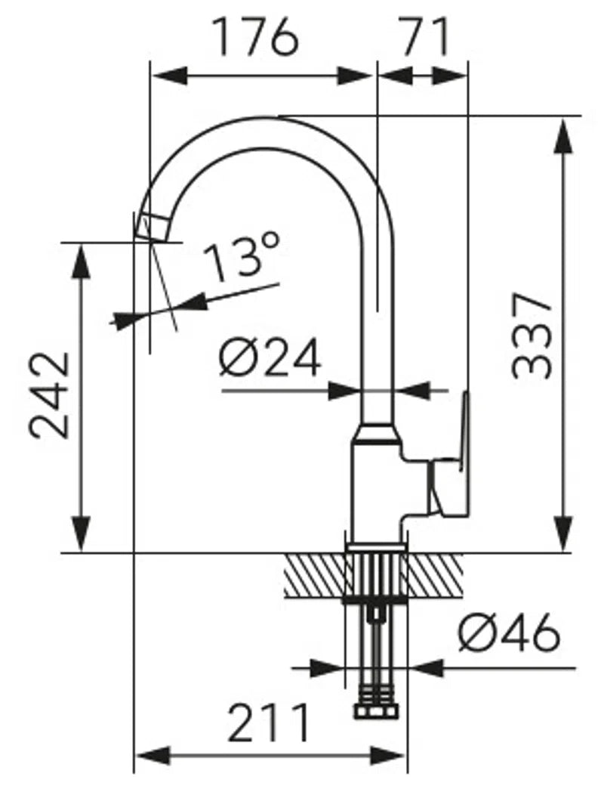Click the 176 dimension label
pos(257,36)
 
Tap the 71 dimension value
pos(425,36)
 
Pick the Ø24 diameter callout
pos(270,357)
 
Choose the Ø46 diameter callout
pos(510,633)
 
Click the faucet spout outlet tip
pos(152,227)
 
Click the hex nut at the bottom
pos(376,710)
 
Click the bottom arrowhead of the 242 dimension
pos(81,534)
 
